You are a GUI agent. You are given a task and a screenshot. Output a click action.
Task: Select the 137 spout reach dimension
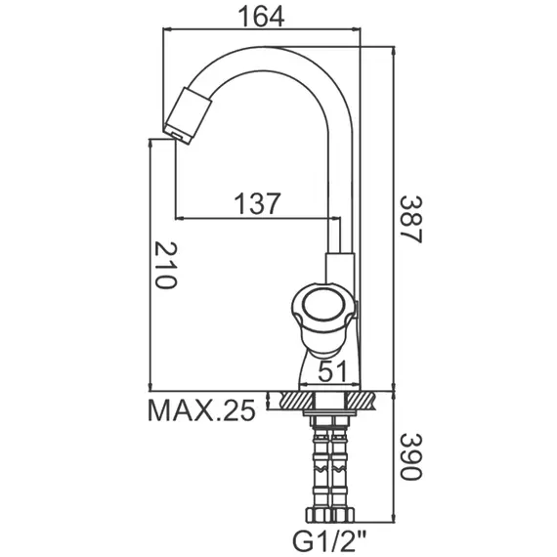click(x=258, y=203)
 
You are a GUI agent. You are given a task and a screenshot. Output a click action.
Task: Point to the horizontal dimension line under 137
click(x=249, y=218)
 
